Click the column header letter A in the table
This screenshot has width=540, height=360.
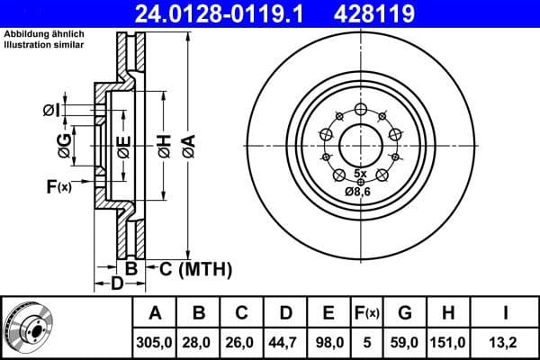tap(155, 313)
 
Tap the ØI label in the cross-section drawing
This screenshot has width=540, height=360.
tap(51, 110)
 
